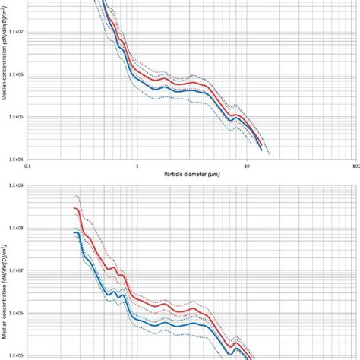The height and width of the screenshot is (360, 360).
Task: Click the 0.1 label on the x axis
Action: point(28,165)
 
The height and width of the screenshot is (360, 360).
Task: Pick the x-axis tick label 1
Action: point(137,165)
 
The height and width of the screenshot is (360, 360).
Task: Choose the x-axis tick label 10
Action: point(246,165)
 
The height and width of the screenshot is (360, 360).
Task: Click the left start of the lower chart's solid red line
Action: point(74,208)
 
